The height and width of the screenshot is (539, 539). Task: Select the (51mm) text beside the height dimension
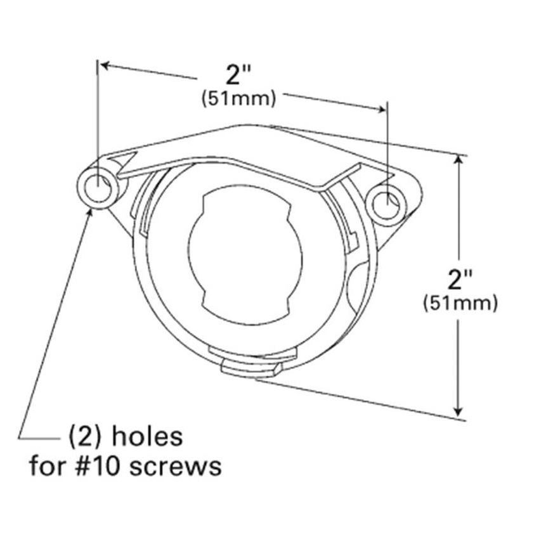[x=460, y=303]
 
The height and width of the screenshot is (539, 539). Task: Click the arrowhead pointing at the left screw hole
[x=91, y=211]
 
